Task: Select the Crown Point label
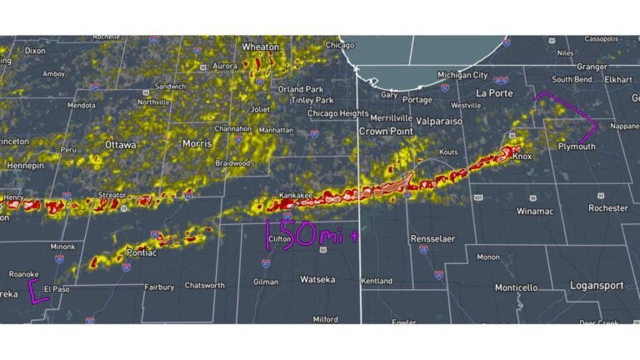pos(387,132)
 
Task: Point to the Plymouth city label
pos(577,146)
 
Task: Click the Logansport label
pos(596,286)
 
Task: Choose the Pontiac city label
pos(141,252)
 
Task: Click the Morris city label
pos(197,144)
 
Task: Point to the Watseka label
pos(317,279)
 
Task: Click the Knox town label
pos(522,156)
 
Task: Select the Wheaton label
pos(260,47)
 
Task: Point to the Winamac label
pos(534,211)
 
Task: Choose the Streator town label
pos(111,195)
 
